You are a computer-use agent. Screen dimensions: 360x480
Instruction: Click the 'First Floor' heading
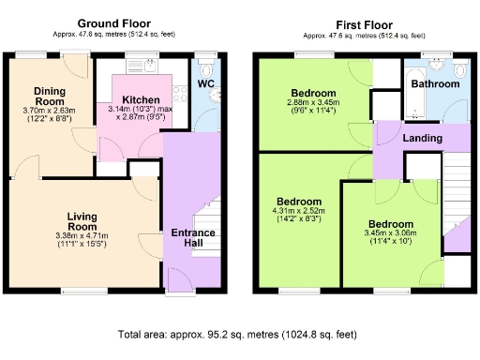click(360, 22)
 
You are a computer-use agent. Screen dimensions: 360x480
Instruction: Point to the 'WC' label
click(205, 84)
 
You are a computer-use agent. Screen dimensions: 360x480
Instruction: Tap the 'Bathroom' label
click(437, 84)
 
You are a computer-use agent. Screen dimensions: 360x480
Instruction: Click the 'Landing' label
click(423, 138)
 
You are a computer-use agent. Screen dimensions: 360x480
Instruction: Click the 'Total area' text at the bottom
click(239, 334)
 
